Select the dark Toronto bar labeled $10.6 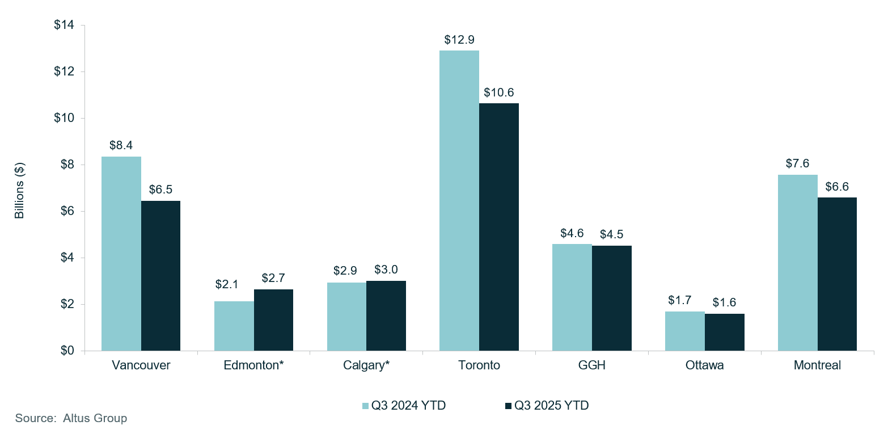click(499, 227)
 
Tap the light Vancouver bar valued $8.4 click(121, 254)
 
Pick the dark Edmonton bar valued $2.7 click(273, 320)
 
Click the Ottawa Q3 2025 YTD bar click(724, 332)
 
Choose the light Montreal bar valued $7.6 click(798, 263)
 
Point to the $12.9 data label click(459, 40)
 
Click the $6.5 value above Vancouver click(160, 190)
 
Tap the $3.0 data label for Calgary click(386, 270)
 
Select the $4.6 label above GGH click(572, 233)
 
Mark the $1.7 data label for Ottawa click(684, 301)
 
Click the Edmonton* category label click(253, 365)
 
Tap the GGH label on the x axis click(591, 365)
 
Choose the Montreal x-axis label click(817, 365)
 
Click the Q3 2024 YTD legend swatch click(366, 406)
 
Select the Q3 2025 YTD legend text click(551, 406)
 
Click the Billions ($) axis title click(19, 191)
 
